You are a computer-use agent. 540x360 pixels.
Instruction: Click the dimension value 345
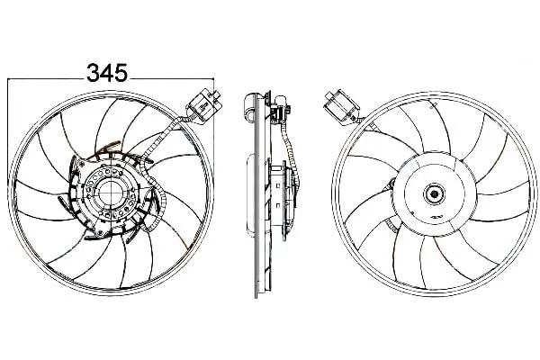[107, 73]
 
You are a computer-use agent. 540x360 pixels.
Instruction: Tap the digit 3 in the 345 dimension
[94, 73]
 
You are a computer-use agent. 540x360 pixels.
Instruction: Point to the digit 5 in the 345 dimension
[121, 73]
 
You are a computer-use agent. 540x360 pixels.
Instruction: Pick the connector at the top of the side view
[281, 109]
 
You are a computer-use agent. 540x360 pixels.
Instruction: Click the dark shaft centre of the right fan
[435, 194]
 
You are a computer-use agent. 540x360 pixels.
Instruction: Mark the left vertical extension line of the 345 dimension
[7, 130]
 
